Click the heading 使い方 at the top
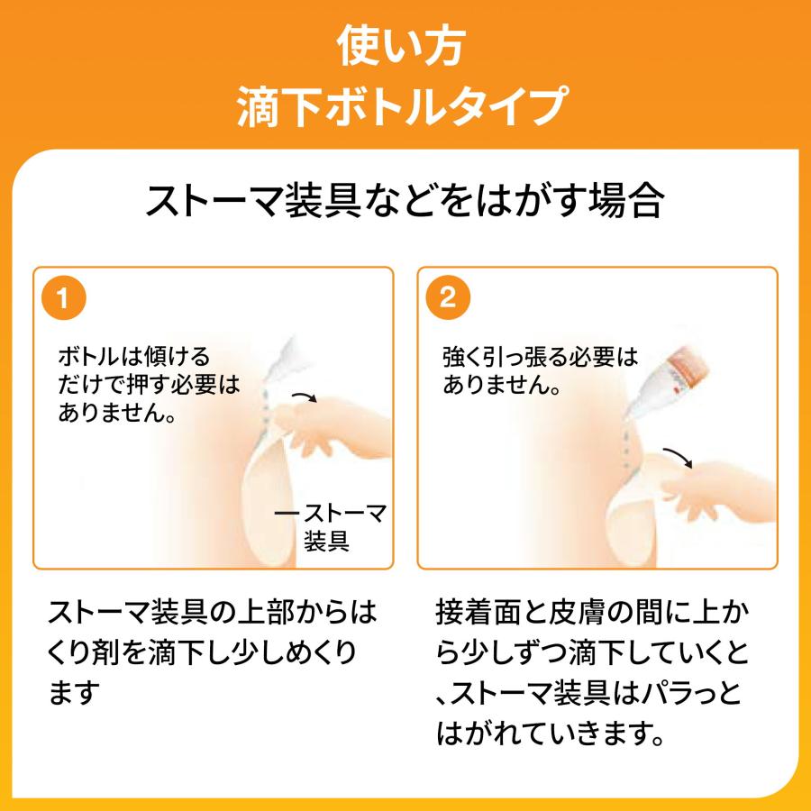[x=405, y=47]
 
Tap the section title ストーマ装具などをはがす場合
[x=405, y=202]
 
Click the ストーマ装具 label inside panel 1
[x=337, y=527]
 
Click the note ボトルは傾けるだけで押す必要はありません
[x=149, y=385]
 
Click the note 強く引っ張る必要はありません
[x=539, y=371]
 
